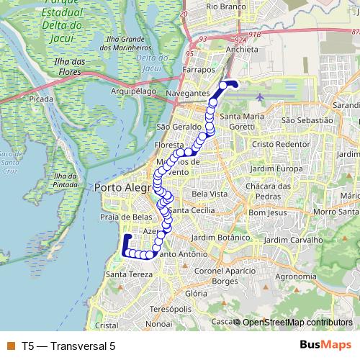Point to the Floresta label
[x=170, y=145]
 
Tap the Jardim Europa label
[x=271, y=168]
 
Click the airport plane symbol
[x=259, y=96]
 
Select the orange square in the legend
[x=9, y=346]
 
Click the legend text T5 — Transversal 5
[x=68, y=346]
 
